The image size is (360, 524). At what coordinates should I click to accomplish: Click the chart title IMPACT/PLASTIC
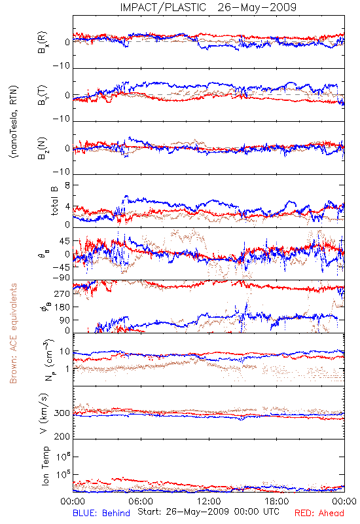(163, 7)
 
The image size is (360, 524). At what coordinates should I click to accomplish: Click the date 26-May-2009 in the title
(257, 7)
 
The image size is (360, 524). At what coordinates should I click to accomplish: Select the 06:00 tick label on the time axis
(141, 501)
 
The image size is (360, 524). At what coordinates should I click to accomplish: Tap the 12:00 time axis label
(209, 501)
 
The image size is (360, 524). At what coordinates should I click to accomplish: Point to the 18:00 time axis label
(277, 501)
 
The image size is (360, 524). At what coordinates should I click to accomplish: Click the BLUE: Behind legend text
(101, 513)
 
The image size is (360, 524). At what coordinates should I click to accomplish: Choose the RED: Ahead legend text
(319, 513)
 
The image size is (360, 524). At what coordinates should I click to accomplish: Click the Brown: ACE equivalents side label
(13, 333)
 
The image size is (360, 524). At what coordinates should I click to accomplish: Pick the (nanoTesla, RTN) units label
(14, 122)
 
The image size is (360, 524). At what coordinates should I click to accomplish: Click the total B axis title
(54, 201)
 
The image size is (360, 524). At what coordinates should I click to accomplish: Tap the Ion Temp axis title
(45, 466)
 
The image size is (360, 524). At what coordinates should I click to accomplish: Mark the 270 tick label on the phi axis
(63, 293)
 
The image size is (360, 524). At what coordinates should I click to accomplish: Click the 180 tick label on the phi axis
(63, 307)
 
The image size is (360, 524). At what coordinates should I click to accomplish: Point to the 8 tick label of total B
(67, 185)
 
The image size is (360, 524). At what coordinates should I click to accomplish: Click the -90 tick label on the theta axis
(62, 278)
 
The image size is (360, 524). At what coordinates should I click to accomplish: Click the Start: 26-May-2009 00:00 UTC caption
(209, 512)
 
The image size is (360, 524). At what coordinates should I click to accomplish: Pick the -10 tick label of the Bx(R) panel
(62, 66)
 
